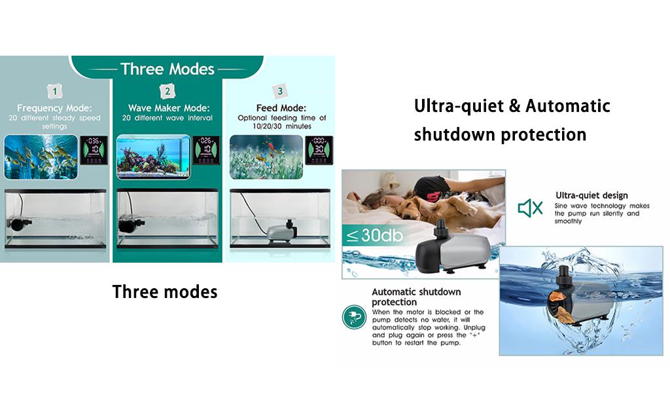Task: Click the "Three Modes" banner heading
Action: click(x=167, y=69)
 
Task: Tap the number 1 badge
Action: click(x=55, y=91)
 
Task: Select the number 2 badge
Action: click(x=167, y=91)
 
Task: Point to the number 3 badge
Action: click(x=280, y=91)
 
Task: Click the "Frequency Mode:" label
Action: click(x=54, y=108)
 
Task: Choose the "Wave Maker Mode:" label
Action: click(x=169, y=108)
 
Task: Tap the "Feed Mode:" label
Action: click(x=281, y=108)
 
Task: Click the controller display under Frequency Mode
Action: click(x=94, y=150)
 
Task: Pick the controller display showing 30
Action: click(x=319, y=150)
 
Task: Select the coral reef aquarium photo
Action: click(x=153, y=157)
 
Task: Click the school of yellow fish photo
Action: click(x=41, y=157)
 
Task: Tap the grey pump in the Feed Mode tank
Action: click(x=281, y=233)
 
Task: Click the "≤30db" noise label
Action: click(x=374, y=235)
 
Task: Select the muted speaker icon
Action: click(x=530, y=208)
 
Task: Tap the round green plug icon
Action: click(x=354, y=317)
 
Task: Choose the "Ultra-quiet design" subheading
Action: click(x=591, y=195)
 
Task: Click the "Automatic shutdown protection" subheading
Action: click(x=416, y=297)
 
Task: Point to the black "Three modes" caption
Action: click(x=165, y=291)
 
